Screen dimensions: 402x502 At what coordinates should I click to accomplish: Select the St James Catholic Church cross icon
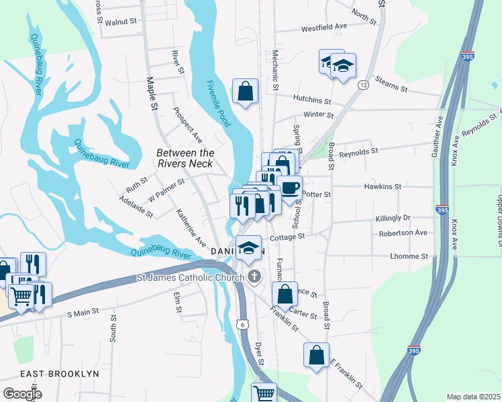pyautogui.click(x=254, y=276)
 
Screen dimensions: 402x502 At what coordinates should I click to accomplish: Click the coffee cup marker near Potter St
pyautogui.click(x=289, y=188)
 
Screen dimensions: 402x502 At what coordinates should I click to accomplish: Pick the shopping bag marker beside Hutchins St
pyautogui.click(x=245, y=91)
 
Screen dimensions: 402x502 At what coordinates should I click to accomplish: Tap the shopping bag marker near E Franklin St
pyautogui.click(x=316, y=355)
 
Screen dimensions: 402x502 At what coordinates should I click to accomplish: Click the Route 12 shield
pyautogui.click(x=363, y=85)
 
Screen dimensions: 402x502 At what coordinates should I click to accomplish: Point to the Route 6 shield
pyautogui.click(x=246, y=324)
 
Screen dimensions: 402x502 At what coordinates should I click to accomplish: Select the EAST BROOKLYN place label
pyautogui.click(x=59, y=373)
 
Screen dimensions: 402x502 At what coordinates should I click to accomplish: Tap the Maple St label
pyautogui.click(x=152, y=94)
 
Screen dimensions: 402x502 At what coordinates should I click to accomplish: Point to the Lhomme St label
pyautogui.click(x=409, y=256)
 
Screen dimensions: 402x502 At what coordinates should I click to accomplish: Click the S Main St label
pyautogui.click(x=83, y=312)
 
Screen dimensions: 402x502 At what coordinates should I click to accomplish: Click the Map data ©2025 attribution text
pyautogui.click(x=472, y=397)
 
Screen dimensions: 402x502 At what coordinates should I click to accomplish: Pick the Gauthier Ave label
pyautogui.click(x=439, y=135)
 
